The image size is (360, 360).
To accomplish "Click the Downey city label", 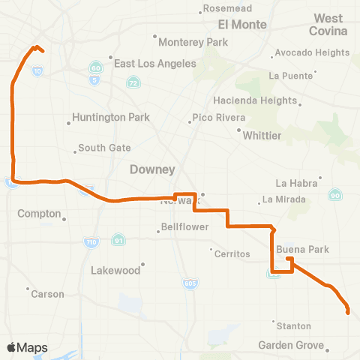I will point(152,169).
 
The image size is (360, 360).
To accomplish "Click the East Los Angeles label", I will point(155,64).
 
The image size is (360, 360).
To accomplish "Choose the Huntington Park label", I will point(111,118).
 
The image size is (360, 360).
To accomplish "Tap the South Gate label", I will point(104,148).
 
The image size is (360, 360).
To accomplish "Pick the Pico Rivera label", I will point(219,118).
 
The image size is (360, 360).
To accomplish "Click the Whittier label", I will point(262,135).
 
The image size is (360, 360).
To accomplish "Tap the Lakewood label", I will point(115,270).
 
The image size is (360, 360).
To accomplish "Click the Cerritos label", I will point(232,254).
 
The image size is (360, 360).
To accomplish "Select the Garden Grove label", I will point(290,345).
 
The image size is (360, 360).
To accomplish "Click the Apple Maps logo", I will point(28,347).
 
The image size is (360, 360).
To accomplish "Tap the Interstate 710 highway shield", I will point(87,242).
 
